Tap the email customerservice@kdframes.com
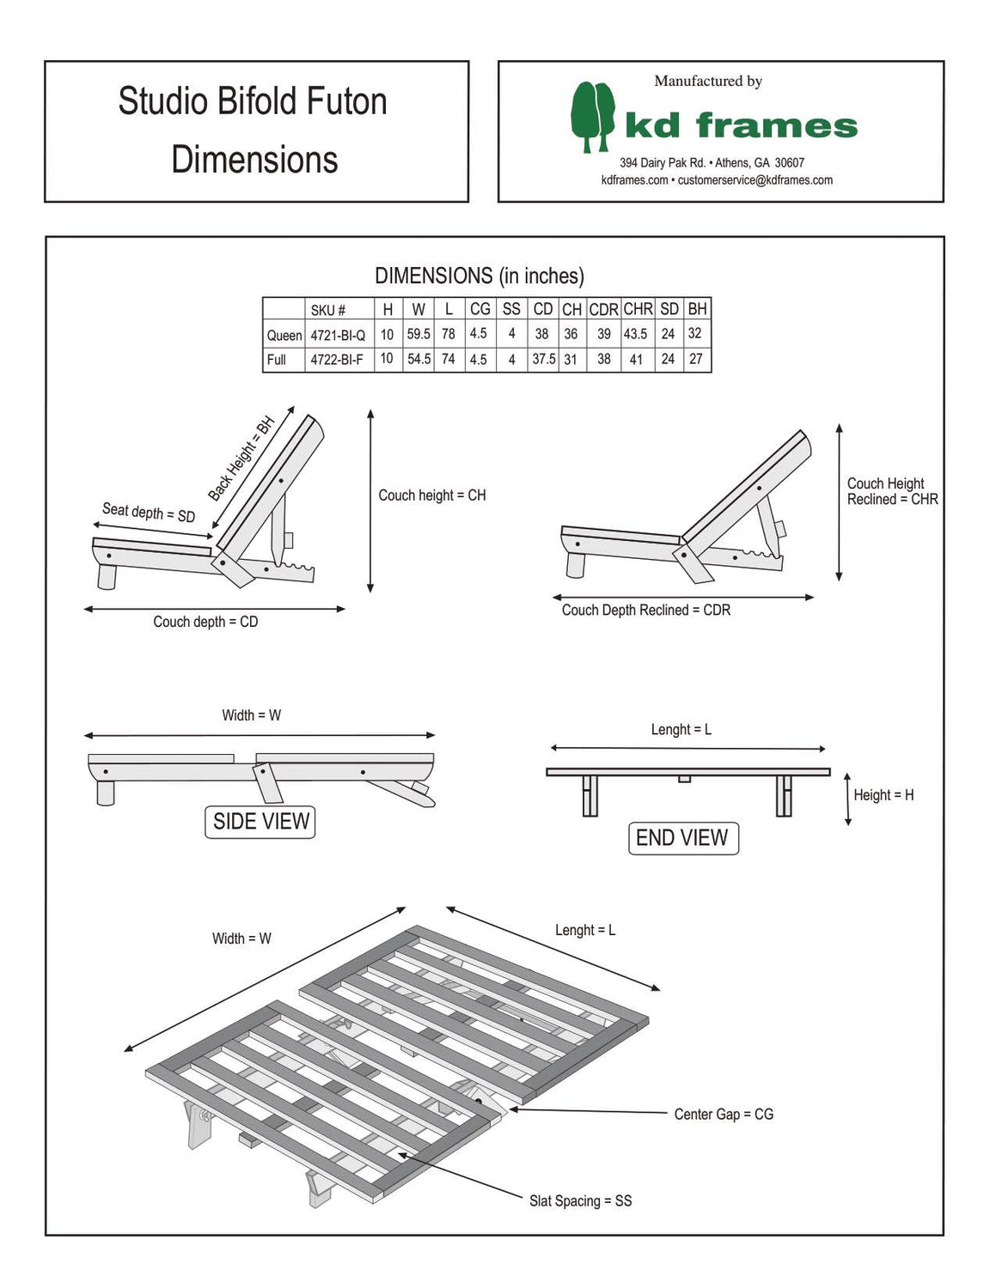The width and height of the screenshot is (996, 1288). (x=755, y=180)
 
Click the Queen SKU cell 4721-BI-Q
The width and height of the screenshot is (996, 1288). (x=338, y=335)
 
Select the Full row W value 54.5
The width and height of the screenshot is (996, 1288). (x=419, y=359)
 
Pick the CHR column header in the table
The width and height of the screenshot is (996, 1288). (x=638, y=309)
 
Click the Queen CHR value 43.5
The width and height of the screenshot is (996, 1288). (x=636, y=334)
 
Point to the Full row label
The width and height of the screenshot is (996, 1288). (x=276, y=359)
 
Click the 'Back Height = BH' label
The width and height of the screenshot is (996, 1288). (x=241, y=459)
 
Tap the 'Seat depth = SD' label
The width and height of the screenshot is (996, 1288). (x=149, y=512)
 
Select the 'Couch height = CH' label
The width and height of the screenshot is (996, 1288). (x=432, y=495)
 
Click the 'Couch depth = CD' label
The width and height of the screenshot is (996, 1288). (x=205, y=622)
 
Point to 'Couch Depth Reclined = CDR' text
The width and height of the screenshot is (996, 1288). (x=645, y=610)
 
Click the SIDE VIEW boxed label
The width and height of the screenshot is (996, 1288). (x=260, y=822)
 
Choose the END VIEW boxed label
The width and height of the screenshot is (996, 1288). (x=681, y=838)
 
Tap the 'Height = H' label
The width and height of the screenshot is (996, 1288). (x=883, y=795)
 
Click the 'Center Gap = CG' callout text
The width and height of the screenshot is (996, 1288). (x=724, y=1114)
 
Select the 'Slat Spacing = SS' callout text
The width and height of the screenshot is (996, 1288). (x=580, y=1200)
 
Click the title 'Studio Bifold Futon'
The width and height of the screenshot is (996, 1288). (x=253, y=101)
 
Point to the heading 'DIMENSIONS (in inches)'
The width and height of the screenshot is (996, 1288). (x=480, y=276)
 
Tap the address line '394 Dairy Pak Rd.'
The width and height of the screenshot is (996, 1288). (x=663, y=162)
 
